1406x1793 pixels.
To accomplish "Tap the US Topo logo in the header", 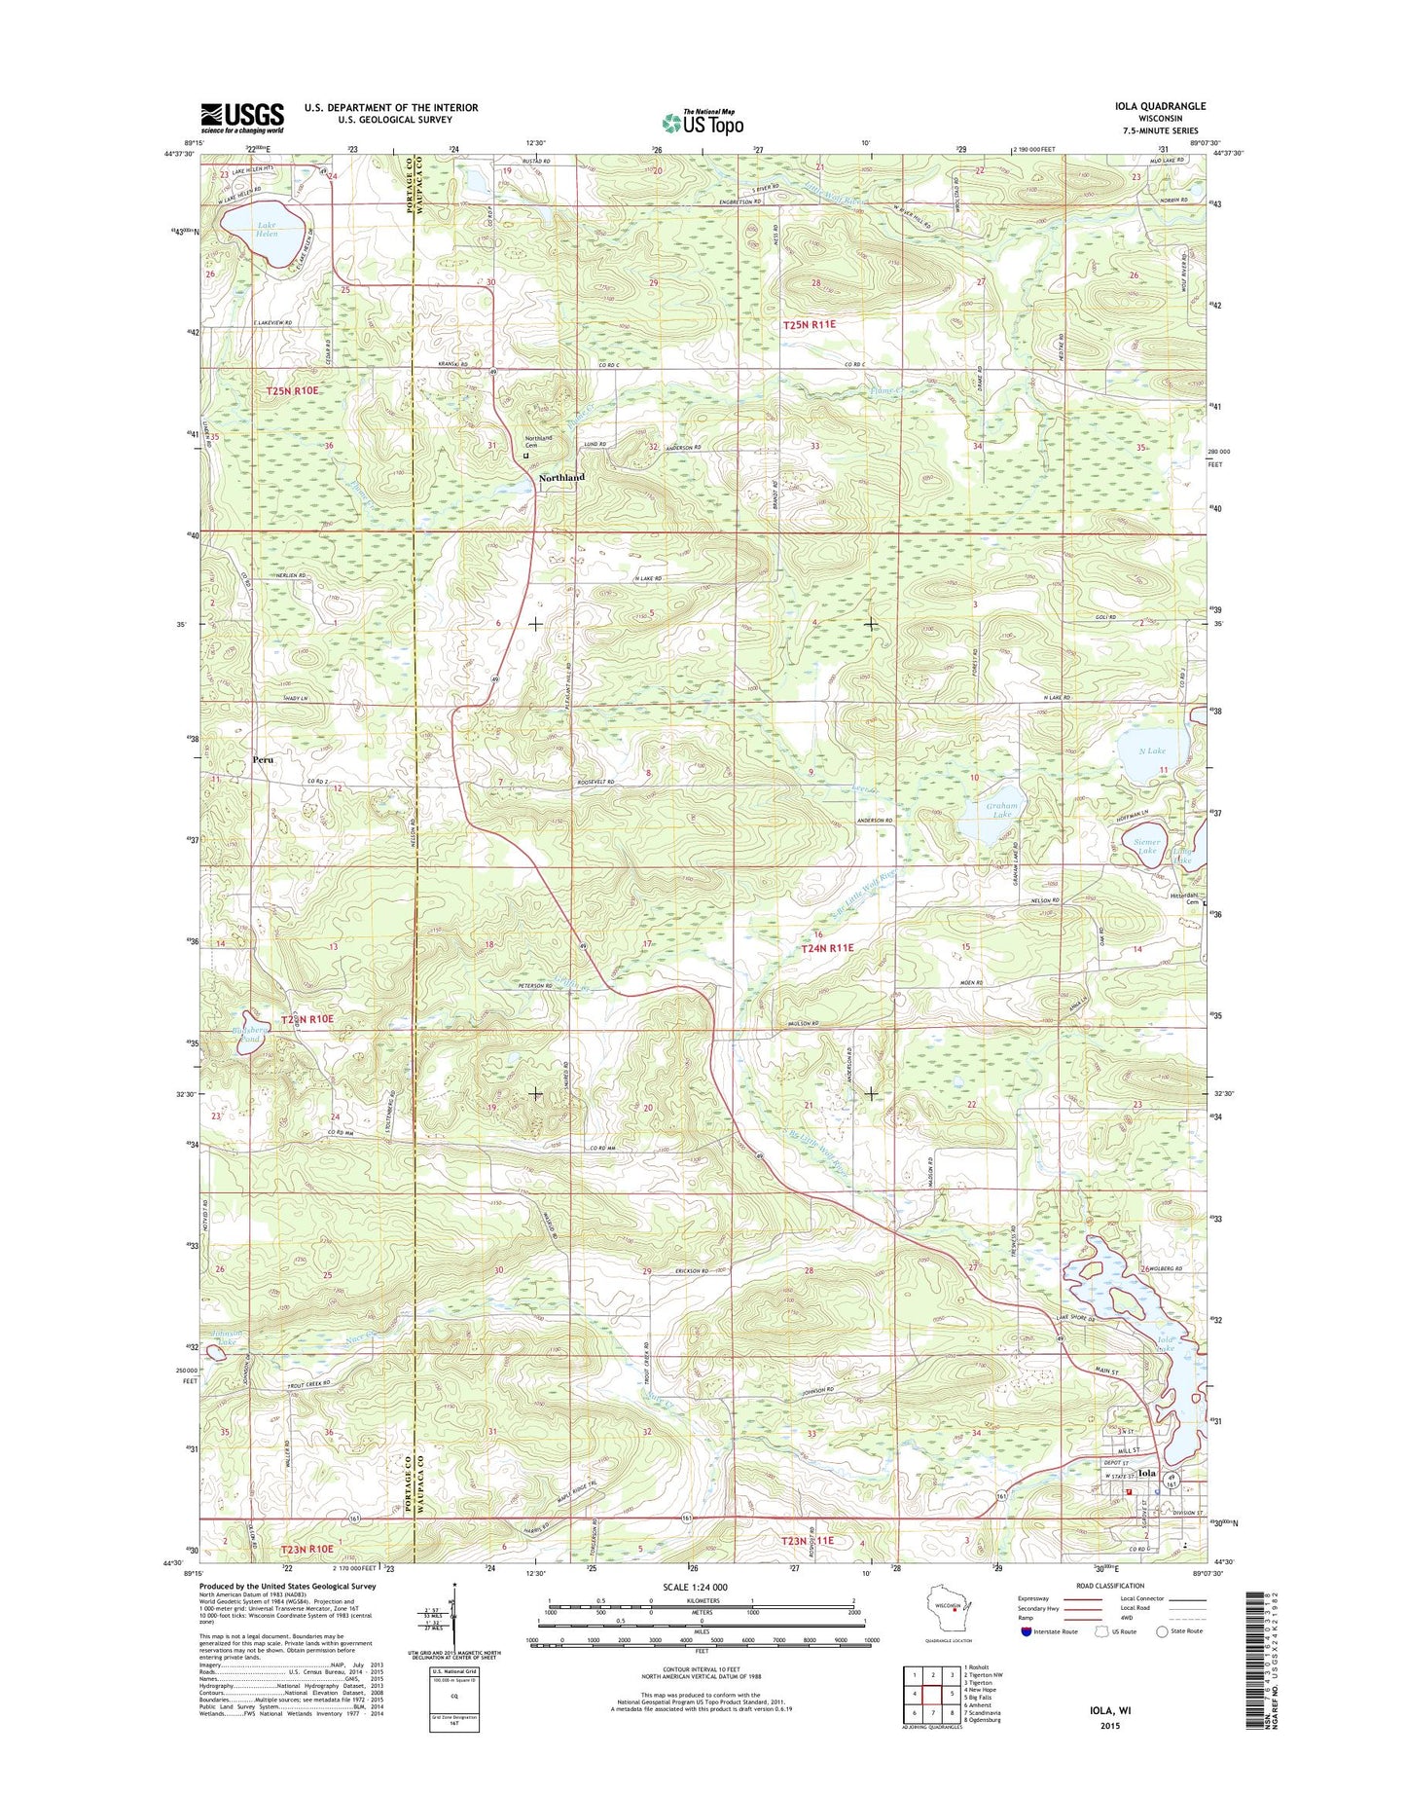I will tap(703, 123).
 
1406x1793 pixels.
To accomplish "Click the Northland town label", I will tap(562, 478).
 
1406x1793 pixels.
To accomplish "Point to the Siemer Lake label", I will tap(1147, 847).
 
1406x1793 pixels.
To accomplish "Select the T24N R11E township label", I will tap(827, 947).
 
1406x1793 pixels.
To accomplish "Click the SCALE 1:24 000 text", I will tap(694, 1587).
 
